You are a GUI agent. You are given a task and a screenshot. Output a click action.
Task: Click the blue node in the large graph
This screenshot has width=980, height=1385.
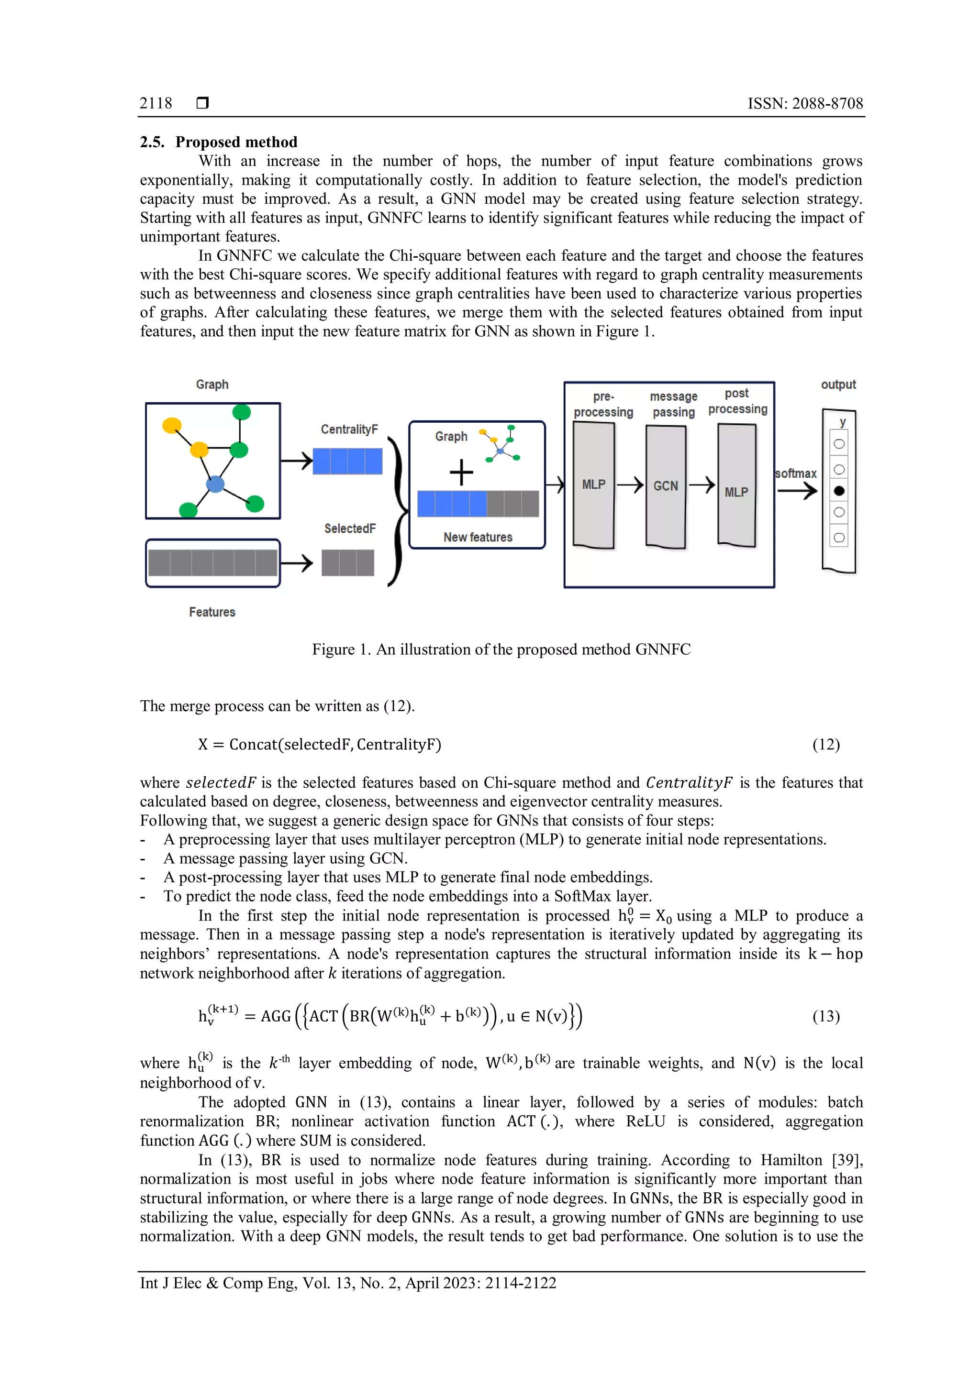[215, 484]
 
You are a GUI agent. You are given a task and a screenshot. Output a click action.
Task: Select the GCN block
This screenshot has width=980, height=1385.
[666, 486]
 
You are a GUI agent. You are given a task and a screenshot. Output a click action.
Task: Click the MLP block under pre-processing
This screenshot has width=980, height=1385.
[594, 484]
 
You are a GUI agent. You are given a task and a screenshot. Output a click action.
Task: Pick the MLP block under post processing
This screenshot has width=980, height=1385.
[736, 492]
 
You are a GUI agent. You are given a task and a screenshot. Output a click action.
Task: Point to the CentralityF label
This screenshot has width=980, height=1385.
[349, 429]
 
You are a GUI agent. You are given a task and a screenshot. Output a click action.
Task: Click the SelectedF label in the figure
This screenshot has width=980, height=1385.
[349, 528]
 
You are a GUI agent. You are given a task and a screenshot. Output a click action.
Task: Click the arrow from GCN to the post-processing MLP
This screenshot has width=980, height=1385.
[702, 484]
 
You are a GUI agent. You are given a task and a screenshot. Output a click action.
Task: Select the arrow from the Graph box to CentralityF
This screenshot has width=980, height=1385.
[297, 462]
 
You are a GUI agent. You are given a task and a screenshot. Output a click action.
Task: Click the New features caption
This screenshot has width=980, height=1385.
[478, 537]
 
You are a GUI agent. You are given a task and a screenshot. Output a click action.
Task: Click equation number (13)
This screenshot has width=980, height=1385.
[825, 1016]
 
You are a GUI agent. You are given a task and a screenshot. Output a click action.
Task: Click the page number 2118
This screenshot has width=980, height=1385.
[156, 103]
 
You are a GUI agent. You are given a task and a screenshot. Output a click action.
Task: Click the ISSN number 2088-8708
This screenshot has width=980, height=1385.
[827, 103]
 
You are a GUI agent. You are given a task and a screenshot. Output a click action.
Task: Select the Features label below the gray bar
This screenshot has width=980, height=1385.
[212, 612]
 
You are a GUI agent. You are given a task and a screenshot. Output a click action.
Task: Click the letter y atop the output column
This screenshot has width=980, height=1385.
[842, 422]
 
